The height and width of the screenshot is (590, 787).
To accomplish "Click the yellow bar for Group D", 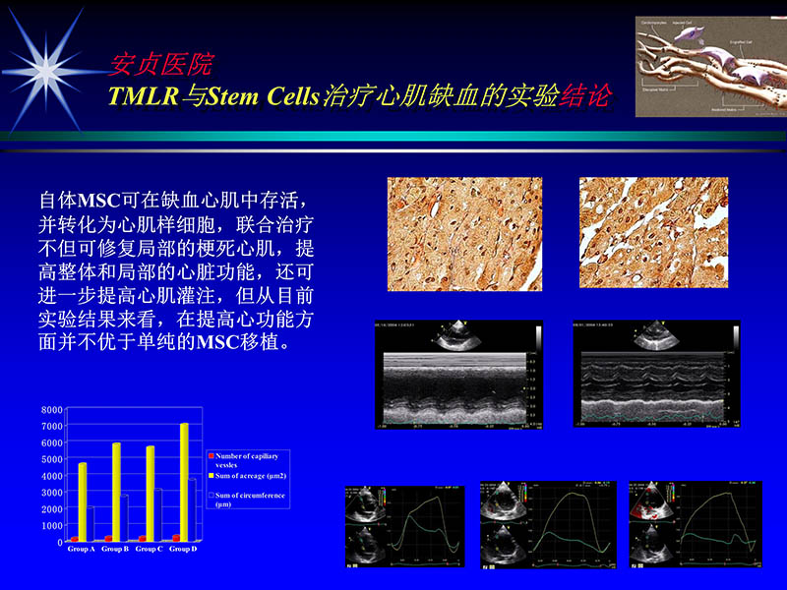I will tap(184, 482).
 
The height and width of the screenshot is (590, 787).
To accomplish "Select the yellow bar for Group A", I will tap(83, 501).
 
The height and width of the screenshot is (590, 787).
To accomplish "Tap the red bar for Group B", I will tap(108, 539).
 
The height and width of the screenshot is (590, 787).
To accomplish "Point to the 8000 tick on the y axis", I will tap(52, 409).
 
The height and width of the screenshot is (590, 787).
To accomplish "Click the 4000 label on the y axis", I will tap(52, 476).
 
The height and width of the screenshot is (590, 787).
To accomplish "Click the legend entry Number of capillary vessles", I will tap(246, 460).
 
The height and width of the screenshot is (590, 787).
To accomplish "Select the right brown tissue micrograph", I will tap(653, 233).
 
